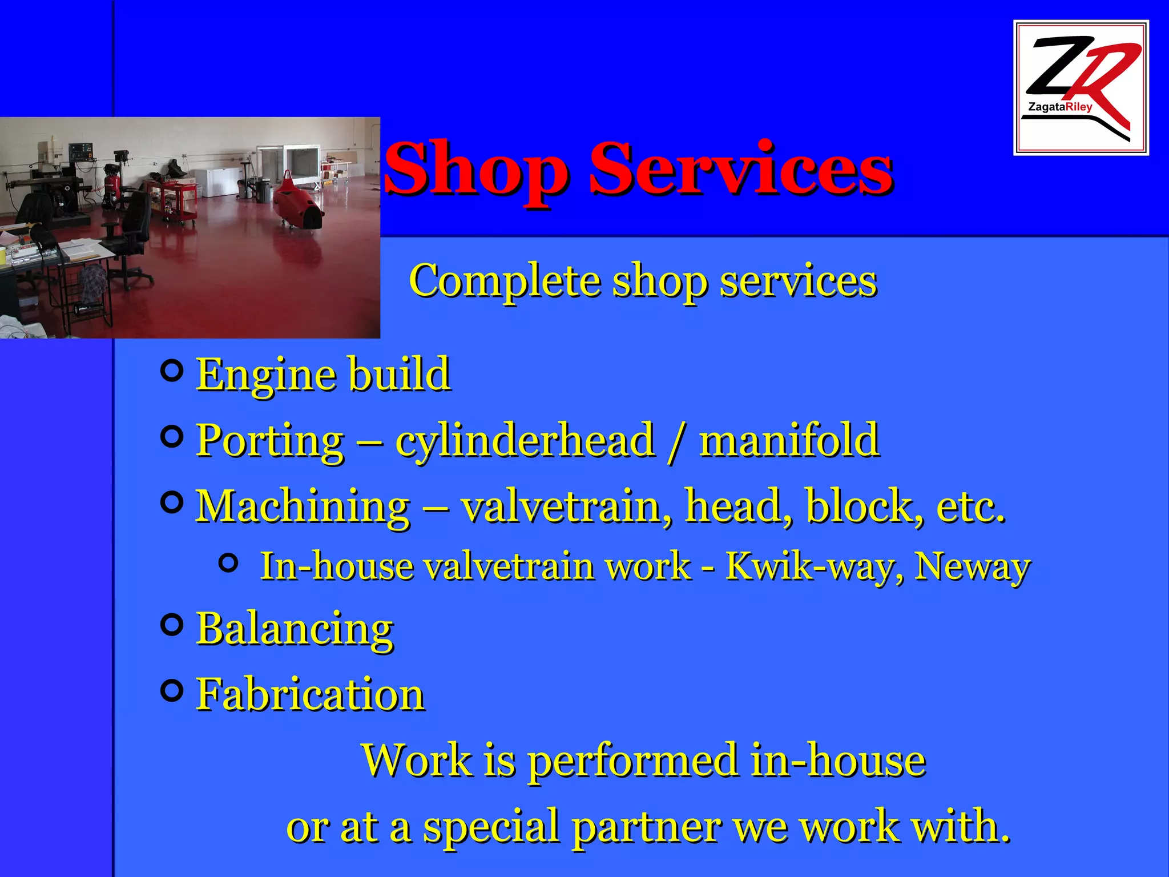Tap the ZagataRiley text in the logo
click(1060, 107)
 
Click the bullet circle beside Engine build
click(172, 371)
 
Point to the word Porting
click(270, 441)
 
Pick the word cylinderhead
click(525, 441)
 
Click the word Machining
click(303, 506)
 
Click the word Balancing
click(295, 629)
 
